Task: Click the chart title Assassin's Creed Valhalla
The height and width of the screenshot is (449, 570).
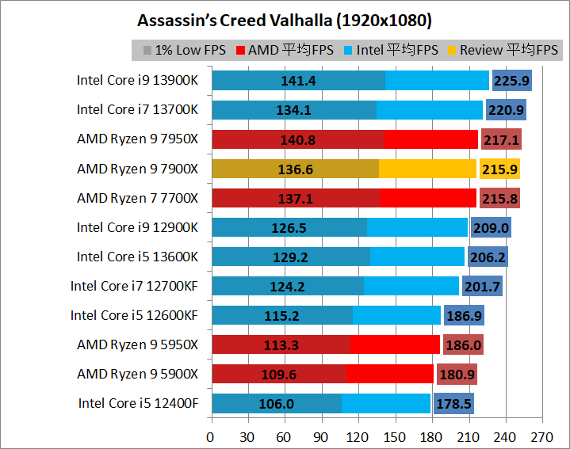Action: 279,18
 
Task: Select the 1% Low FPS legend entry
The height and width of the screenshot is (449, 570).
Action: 184,50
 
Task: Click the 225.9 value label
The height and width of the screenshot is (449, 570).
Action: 511,80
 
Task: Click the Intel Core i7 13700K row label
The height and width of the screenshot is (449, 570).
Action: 137,109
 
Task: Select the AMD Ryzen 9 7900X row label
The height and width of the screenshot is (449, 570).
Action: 137,168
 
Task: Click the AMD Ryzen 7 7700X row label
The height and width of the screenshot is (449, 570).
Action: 137,197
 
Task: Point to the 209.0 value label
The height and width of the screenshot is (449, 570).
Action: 491,227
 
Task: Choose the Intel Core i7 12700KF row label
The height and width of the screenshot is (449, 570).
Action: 134,286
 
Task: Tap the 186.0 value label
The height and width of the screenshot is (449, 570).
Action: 463,344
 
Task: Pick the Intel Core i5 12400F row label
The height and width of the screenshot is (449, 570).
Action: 138,403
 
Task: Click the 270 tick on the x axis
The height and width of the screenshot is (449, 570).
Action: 542,436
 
